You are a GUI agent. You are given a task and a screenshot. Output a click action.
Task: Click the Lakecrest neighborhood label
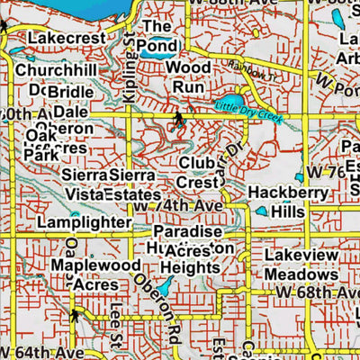tap(61, 39)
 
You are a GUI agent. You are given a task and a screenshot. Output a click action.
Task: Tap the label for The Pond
tap(159, 36)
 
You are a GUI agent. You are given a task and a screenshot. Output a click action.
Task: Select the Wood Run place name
tap(189, 77)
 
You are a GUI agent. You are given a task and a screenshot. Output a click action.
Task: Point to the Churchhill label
tap(56, 70)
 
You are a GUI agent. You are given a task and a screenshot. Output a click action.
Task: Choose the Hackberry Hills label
tap(278, 201)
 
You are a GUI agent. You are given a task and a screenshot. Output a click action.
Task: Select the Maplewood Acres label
tap(95, 274)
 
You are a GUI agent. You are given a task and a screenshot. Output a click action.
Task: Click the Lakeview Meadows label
tap(301, 265)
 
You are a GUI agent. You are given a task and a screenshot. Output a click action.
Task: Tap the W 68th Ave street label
tap(316, 292)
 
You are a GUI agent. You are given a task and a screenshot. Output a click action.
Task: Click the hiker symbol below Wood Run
tap(178, 118)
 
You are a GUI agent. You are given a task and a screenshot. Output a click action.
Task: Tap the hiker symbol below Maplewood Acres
tap(74, 316)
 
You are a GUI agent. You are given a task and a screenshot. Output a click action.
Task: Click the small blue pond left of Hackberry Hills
tap(261, 211)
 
